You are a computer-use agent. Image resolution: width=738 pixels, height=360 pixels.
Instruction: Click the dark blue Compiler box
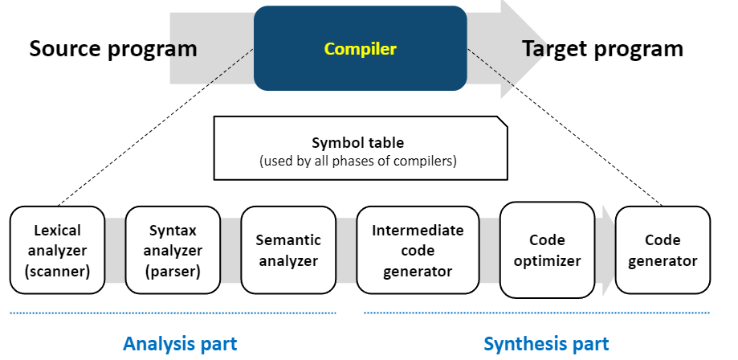pos(360,48)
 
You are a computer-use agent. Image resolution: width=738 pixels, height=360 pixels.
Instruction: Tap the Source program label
pos(113,49)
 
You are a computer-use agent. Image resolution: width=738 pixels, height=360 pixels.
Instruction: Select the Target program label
pos(602,49)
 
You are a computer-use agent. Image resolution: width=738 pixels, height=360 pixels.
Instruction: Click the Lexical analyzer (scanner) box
pos(57,250)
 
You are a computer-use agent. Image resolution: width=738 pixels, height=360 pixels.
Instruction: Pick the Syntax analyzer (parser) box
pos(172,250)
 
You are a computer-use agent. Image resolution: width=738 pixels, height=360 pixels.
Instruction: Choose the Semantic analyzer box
pos(287,250)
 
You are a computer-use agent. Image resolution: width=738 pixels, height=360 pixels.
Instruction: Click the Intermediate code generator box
pos(418,250)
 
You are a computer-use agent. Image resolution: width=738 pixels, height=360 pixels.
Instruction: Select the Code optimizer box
pos(547,250)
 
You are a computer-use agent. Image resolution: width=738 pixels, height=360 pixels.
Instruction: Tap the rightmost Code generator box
pos(663,250)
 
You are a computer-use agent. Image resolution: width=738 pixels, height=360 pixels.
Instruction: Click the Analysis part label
pos(180,344)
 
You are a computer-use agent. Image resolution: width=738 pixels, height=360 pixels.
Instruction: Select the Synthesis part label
pos(546,344)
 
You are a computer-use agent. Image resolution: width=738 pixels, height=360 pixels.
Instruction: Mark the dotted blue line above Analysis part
pos(173,313)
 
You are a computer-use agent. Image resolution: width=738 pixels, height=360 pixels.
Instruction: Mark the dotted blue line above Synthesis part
pos(536,313)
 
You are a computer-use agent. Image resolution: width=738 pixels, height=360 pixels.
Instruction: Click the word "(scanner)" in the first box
pos(57,270)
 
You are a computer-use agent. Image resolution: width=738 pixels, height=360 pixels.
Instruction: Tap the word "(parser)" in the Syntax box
pos(172,270)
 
